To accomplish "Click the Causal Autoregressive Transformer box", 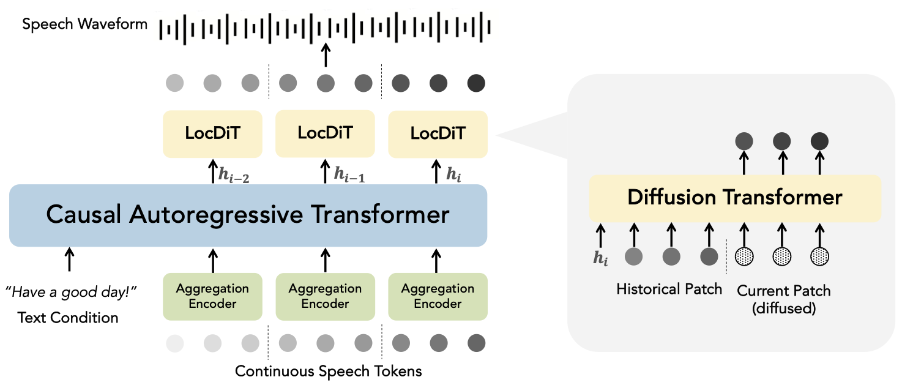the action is [x=248, y=215].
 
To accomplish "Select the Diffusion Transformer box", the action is [x=735, y=198].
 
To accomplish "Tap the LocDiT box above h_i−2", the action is [x=212, y=133].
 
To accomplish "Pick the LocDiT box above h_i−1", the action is [x=325, y=133].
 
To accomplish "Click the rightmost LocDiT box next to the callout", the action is [x=438, y=133].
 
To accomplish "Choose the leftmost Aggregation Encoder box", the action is [x=212, y=296].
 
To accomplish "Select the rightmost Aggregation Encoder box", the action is [x=438, y=296].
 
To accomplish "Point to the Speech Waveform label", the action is [x=84, y=24].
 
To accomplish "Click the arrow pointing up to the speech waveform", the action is [x=326, y=54].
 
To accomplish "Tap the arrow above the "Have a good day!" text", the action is [x=70, y=260].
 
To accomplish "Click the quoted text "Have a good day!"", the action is [x=71, y=292].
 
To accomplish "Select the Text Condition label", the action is [x=68, y=318].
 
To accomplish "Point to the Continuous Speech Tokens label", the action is [x=328, y=371].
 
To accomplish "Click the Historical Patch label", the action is [x=669, y=289].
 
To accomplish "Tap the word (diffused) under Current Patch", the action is [x=784, y=308].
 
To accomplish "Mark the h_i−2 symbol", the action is [x=234, y=175].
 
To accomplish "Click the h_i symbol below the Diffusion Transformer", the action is [x=600, y=258].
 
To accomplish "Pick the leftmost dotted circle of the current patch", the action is [x=744, y=256].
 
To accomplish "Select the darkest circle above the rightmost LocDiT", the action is [x=476, y=83].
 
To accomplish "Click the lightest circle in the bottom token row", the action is [x=175, y=343].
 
